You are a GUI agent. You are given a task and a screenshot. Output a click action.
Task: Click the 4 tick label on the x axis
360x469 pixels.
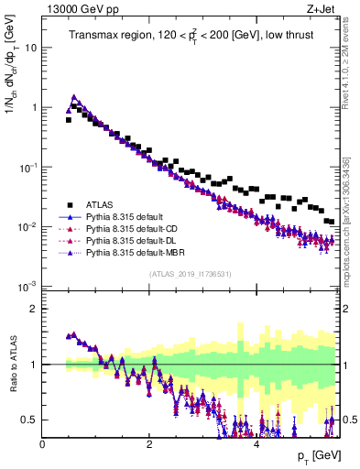[x=256, y=442]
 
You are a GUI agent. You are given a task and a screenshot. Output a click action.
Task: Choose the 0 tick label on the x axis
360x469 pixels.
[x=43, y=442]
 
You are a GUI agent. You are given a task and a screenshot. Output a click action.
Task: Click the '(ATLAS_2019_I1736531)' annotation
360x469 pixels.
[x=191, y=274]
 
